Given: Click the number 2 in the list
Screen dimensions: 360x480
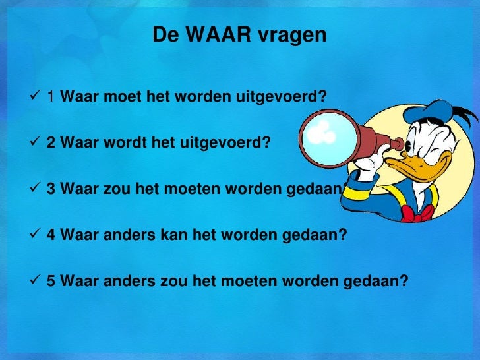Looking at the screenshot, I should [x=50, y=144].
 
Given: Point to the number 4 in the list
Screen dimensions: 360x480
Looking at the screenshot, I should [x=50, y=235].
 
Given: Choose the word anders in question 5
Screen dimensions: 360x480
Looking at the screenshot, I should [x=121, y=282].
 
